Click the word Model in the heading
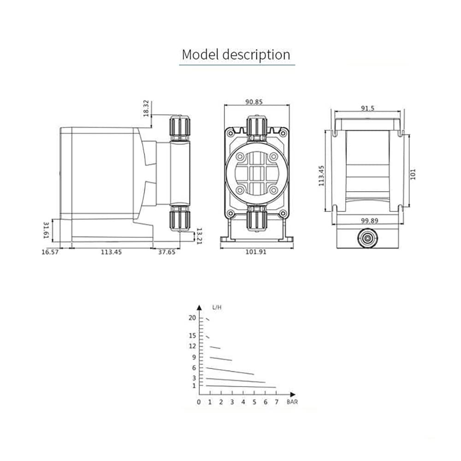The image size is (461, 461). coord(200,54)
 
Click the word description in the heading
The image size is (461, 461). coord(256,55)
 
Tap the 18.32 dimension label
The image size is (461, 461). coord(147,108)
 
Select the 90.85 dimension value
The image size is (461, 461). coord(254,102)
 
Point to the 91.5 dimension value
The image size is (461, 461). coord(368,108)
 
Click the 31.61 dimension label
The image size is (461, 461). coord(46,230)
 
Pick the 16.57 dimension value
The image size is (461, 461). coord(50,252)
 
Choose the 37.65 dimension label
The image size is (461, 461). coord(167,252)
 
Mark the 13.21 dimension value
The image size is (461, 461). coord(199,236)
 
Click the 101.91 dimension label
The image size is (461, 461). coord(256,252)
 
